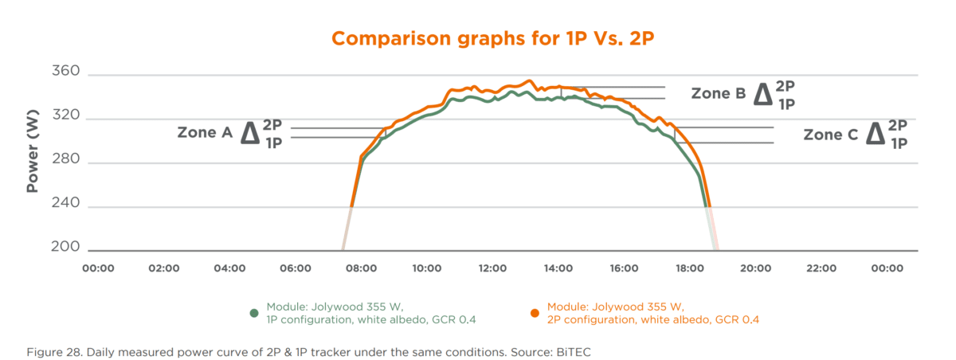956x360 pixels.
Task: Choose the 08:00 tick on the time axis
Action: pyautogui.click(x=361, y=268)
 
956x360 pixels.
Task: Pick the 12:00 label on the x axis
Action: pyautogui.click(x=492, y=268)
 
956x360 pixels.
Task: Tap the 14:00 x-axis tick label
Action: pyautogui.click(x=558, y=268)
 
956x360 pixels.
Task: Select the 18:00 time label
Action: pyautogui.click(x=689, y=268)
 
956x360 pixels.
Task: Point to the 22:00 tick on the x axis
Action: pyautogui.click(x=821, y=268)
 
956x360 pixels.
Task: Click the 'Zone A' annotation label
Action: pyautogui.click(x=204, y=134)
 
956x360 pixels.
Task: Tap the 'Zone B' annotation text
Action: pyautogui.click(x=718, y=93)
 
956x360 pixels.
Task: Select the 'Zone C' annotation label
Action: pyautogui.click(x=830, y=135)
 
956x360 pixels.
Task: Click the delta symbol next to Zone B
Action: pyautogui.click(x=762, y=95)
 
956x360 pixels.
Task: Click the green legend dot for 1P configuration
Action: pyautogui.click(x=253, y=313)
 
